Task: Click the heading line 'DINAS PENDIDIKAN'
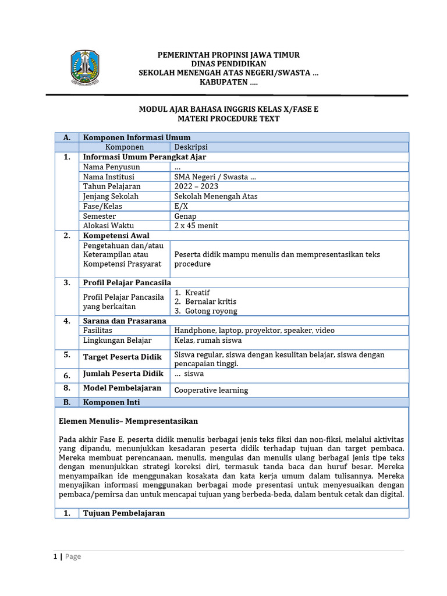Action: [x=229, y=63]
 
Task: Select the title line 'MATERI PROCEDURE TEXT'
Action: [x=229, y=118]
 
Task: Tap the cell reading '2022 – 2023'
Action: [x=196, y=186]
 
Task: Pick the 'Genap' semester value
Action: [x=186, y=216]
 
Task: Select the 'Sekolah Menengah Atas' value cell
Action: [x=216, y=196]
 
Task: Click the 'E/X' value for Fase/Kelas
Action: [x=181, y=206]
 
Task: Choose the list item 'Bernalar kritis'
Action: [x=211, y=301]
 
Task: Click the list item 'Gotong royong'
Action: [x=211, y=311]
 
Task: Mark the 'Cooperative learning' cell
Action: [x=211, y=390]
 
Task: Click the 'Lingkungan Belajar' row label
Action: [x=117, y=340]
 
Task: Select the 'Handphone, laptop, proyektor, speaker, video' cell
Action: [x=254, y=331]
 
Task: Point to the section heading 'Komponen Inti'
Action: [x=112, y=402]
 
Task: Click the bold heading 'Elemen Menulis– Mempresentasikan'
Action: [x=129, y=421]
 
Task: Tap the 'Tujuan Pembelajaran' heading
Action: [x=124, y=513]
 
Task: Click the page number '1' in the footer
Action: [x=55, y=556]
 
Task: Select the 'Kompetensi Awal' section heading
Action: [x=116, y=236]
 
